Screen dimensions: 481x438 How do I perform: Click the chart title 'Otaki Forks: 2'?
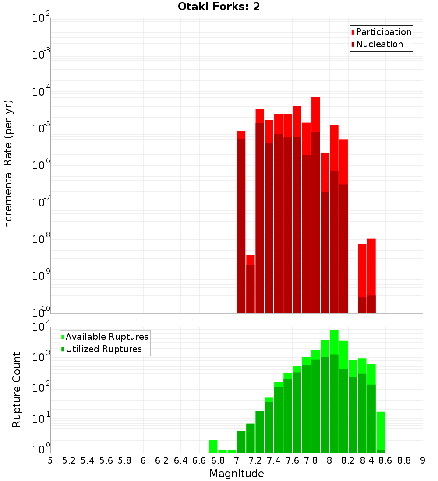tap(219, 7)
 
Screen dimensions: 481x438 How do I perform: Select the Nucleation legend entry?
tap(379, 44)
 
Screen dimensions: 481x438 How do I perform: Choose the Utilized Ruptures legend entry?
tap(103, 349)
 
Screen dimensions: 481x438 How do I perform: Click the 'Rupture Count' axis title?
tap(17, 389)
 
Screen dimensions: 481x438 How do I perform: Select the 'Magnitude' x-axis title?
tap(237, 473)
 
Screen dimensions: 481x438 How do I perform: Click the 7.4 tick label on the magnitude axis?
tap(274, 460)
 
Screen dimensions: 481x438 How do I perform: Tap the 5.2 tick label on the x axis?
tap(69, 460)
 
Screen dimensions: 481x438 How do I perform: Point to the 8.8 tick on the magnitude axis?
tap(404, 460)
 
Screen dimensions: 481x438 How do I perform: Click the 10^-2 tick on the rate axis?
tap(41, 18)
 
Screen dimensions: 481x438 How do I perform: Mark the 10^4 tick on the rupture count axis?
tap(41, 327)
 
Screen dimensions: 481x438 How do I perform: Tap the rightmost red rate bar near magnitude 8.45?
tap(371, 271)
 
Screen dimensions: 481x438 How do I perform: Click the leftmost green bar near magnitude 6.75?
tap(213, 446)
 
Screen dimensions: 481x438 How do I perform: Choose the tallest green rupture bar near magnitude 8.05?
tap(334, 394)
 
